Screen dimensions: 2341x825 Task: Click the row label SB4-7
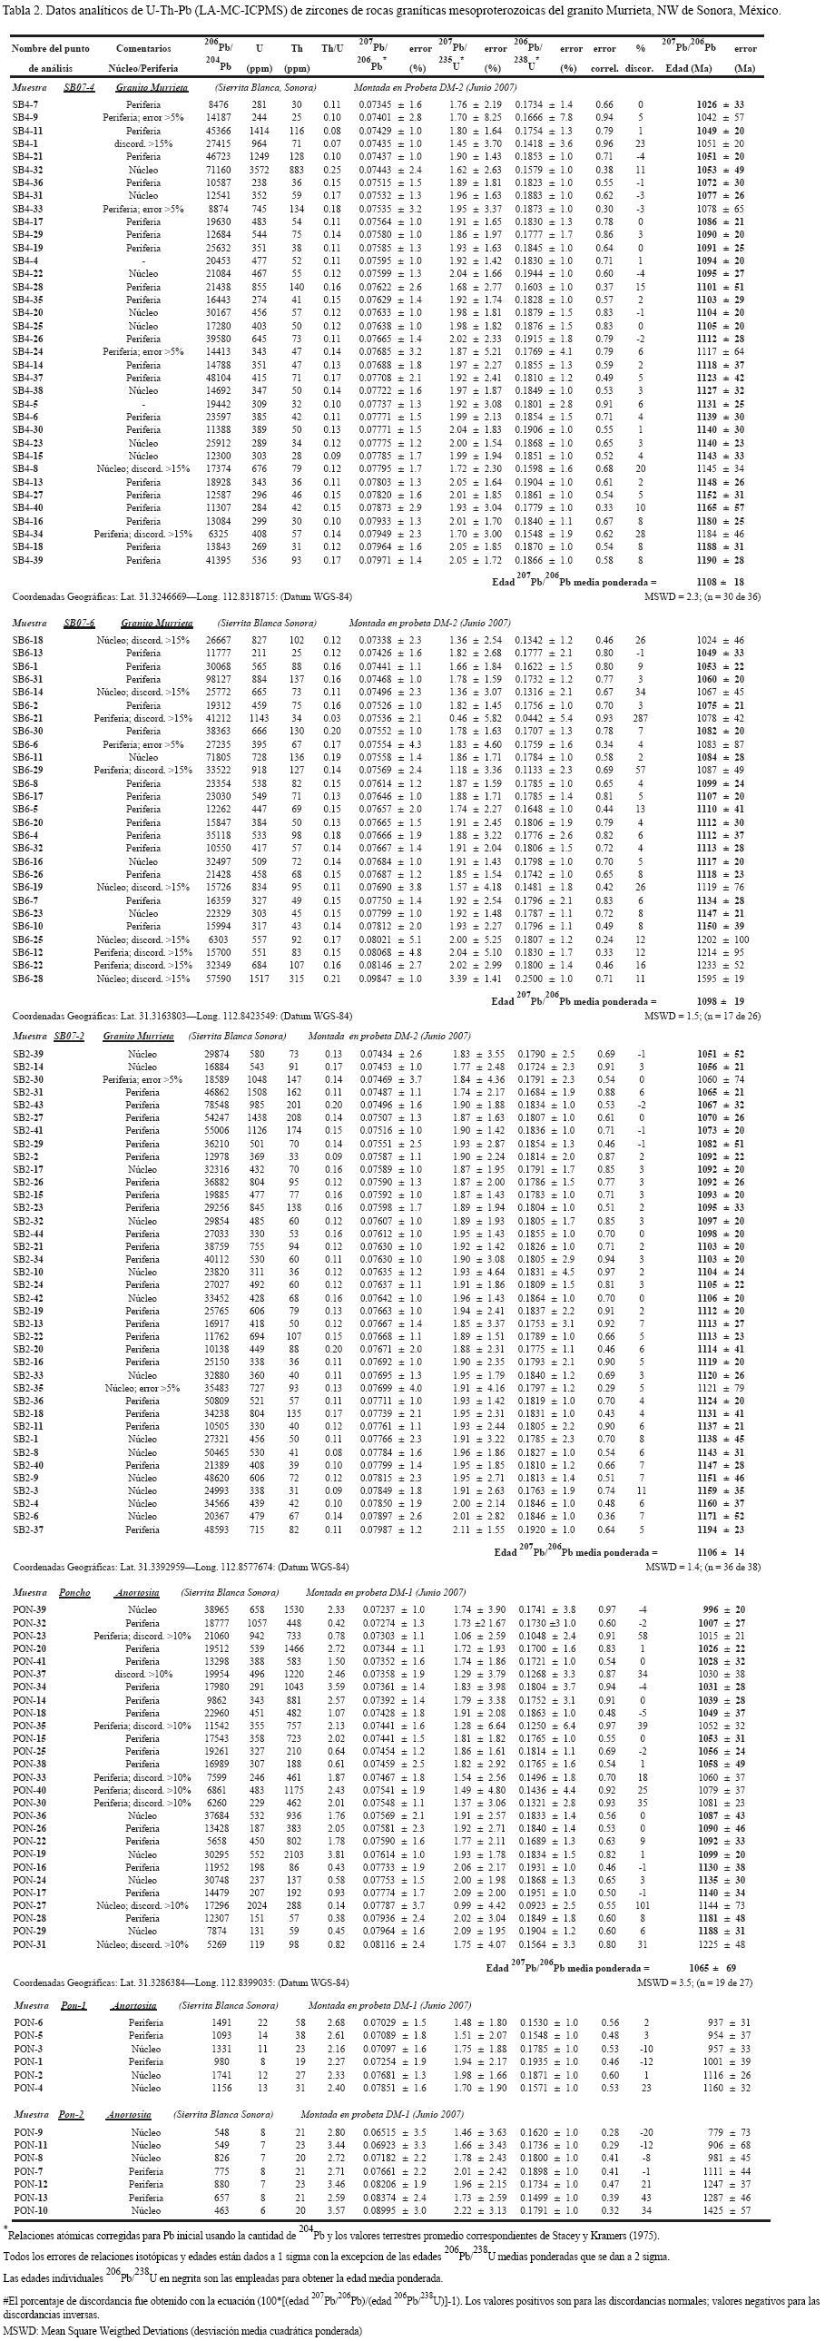[x=25, y=105]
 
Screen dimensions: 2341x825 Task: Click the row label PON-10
[x=30, y=2208]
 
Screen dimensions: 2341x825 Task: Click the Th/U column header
[x=332, y=47]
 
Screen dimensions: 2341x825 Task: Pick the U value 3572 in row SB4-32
[x=260, y=170]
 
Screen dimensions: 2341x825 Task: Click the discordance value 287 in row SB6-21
[x=641, y=717]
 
